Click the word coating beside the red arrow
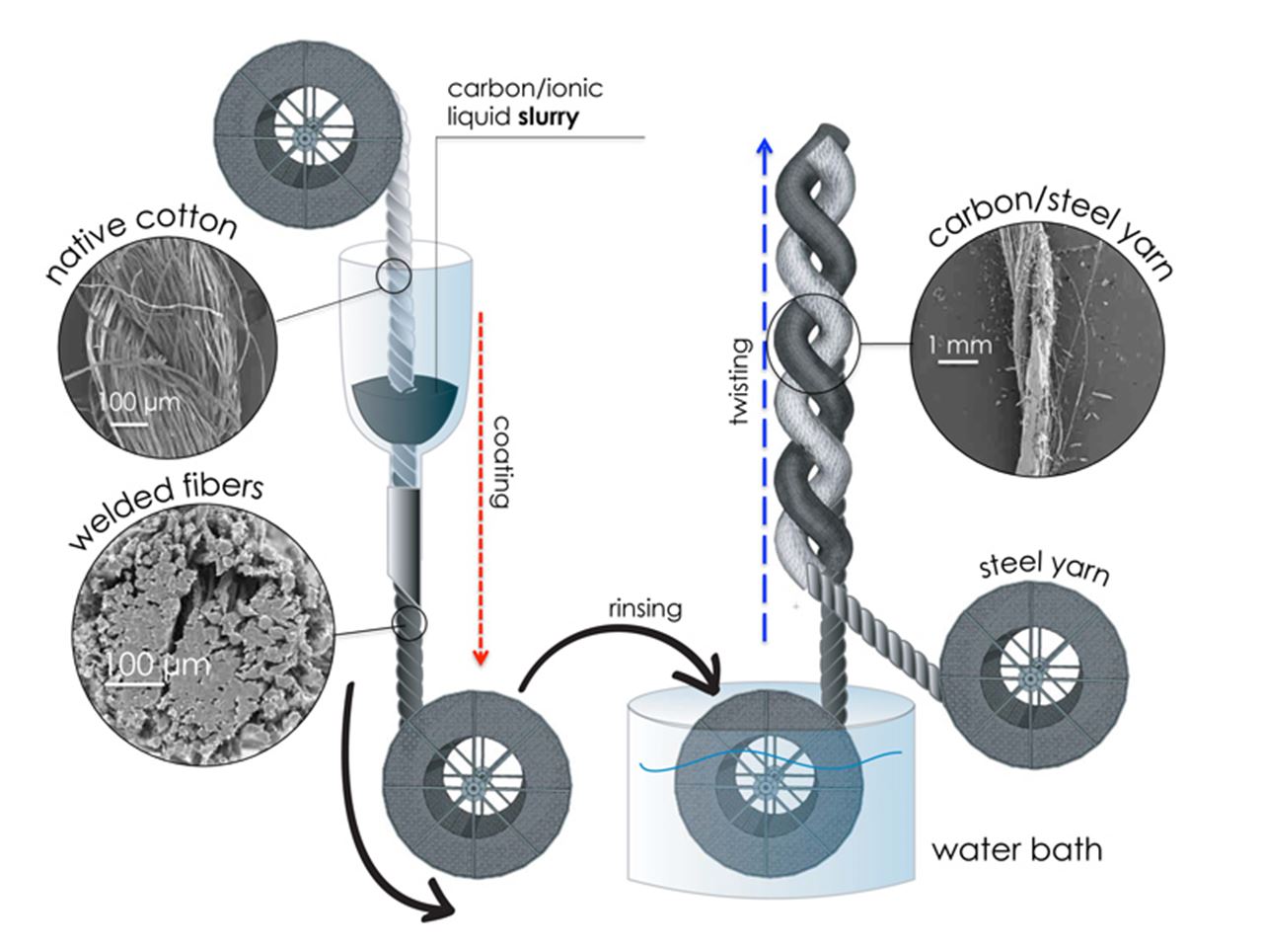click(x=498, y=460)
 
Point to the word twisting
click(x=739, y=383)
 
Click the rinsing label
click(x=644, y=607)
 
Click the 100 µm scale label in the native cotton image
click(x=139, y=404)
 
